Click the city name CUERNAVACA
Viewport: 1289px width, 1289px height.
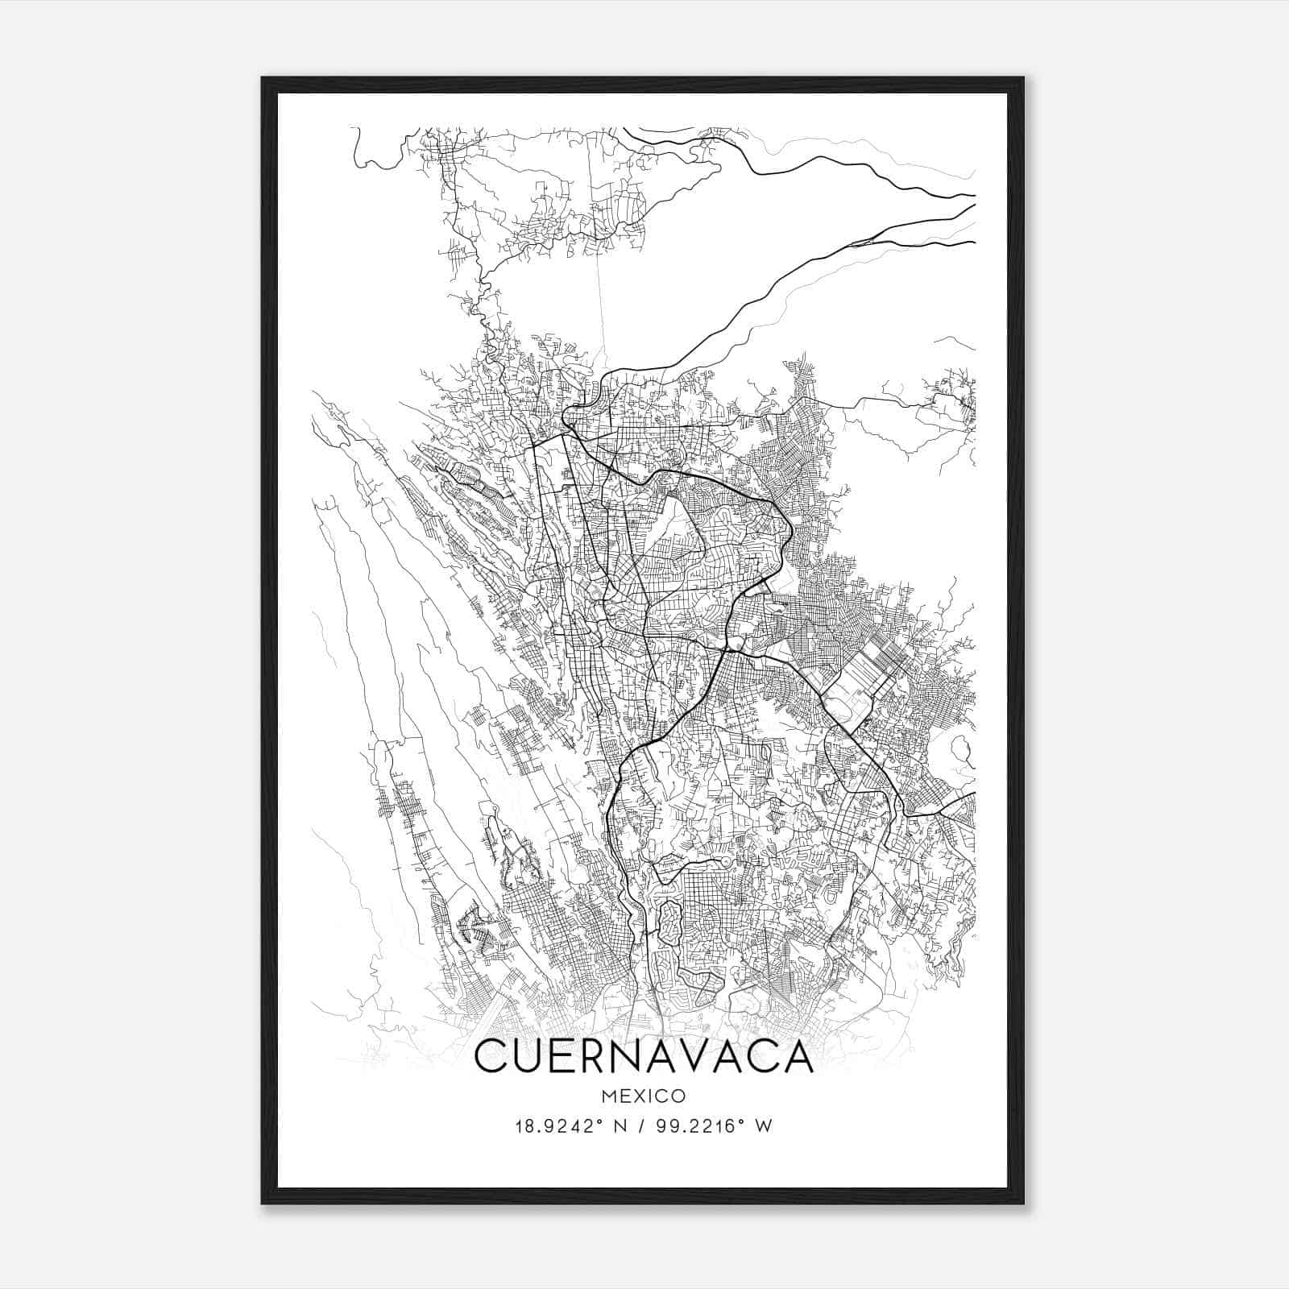(644, 1056)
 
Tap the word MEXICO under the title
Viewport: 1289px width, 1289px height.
(644, 1096)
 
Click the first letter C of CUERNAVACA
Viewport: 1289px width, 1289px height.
(492, 1056)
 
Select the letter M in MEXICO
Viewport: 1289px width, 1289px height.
(607, 1096)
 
